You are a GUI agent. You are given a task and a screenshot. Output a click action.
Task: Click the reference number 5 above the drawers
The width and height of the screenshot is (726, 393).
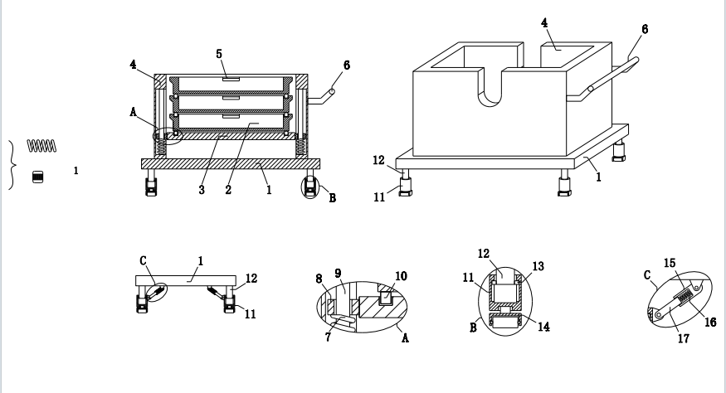pyautogui.click(x=219, y=54)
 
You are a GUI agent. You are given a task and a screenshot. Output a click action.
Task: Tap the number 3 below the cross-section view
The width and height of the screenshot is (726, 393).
pyautogui.click(x=202, y=190)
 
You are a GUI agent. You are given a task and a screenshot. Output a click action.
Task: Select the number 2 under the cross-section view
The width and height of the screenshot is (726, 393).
pyautogui.click(x=228, y=190)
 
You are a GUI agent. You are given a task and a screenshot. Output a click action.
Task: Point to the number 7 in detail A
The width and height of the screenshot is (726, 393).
pyautogui.click(x=329, y=337)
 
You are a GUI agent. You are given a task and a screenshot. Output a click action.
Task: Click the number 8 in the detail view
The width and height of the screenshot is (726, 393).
pyautogui.click(x=319, y=279)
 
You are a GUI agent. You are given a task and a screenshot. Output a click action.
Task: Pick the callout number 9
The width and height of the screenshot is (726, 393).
pyautogui.click(x=338, y=274)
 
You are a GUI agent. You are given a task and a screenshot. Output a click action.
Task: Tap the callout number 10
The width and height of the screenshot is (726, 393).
pyautogui.click(x=401, y=276)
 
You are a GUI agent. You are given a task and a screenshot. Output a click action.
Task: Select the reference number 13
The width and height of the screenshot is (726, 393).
pyautogui.click(x=538, y=267)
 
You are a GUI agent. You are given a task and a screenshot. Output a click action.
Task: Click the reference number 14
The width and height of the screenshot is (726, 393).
pyautogui.click(x=543, y=327)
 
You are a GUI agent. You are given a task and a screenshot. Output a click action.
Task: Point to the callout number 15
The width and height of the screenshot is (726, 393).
pyautogui.click(x=670, y=264)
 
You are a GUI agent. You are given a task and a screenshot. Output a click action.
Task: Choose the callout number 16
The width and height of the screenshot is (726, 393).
pyautogui.click(x=711, y=323)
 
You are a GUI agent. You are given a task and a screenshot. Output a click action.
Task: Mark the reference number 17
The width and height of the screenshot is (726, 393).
pyautogui.click(x=684, y=339)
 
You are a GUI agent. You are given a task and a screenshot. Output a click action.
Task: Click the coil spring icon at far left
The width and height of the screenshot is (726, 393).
pyautogui.click(x=41, y=146)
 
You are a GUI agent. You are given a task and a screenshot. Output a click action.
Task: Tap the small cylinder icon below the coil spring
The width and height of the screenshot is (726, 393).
pyautogui.click(x=38, y=177)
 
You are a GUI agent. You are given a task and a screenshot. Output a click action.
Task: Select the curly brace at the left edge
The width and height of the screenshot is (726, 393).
pyautogui.click(x=13, y=165)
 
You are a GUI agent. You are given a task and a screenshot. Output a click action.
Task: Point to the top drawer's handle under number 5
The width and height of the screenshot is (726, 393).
pyautogui.click(x=231, y=79)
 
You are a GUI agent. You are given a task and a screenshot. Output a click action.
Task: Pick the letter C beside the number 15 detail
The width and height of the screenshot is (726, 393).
pyautogui.click(x=648, y=275)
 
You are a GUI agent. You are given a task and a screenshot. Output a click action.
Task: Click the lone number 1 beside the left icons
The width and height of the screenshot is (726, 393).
pyautogui.click(x=76, y=171)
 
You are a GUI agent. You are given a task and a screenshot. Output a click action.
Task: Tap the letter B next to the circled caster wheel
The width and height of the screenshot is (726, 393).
pyautogui.click(x=333, y=198)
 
